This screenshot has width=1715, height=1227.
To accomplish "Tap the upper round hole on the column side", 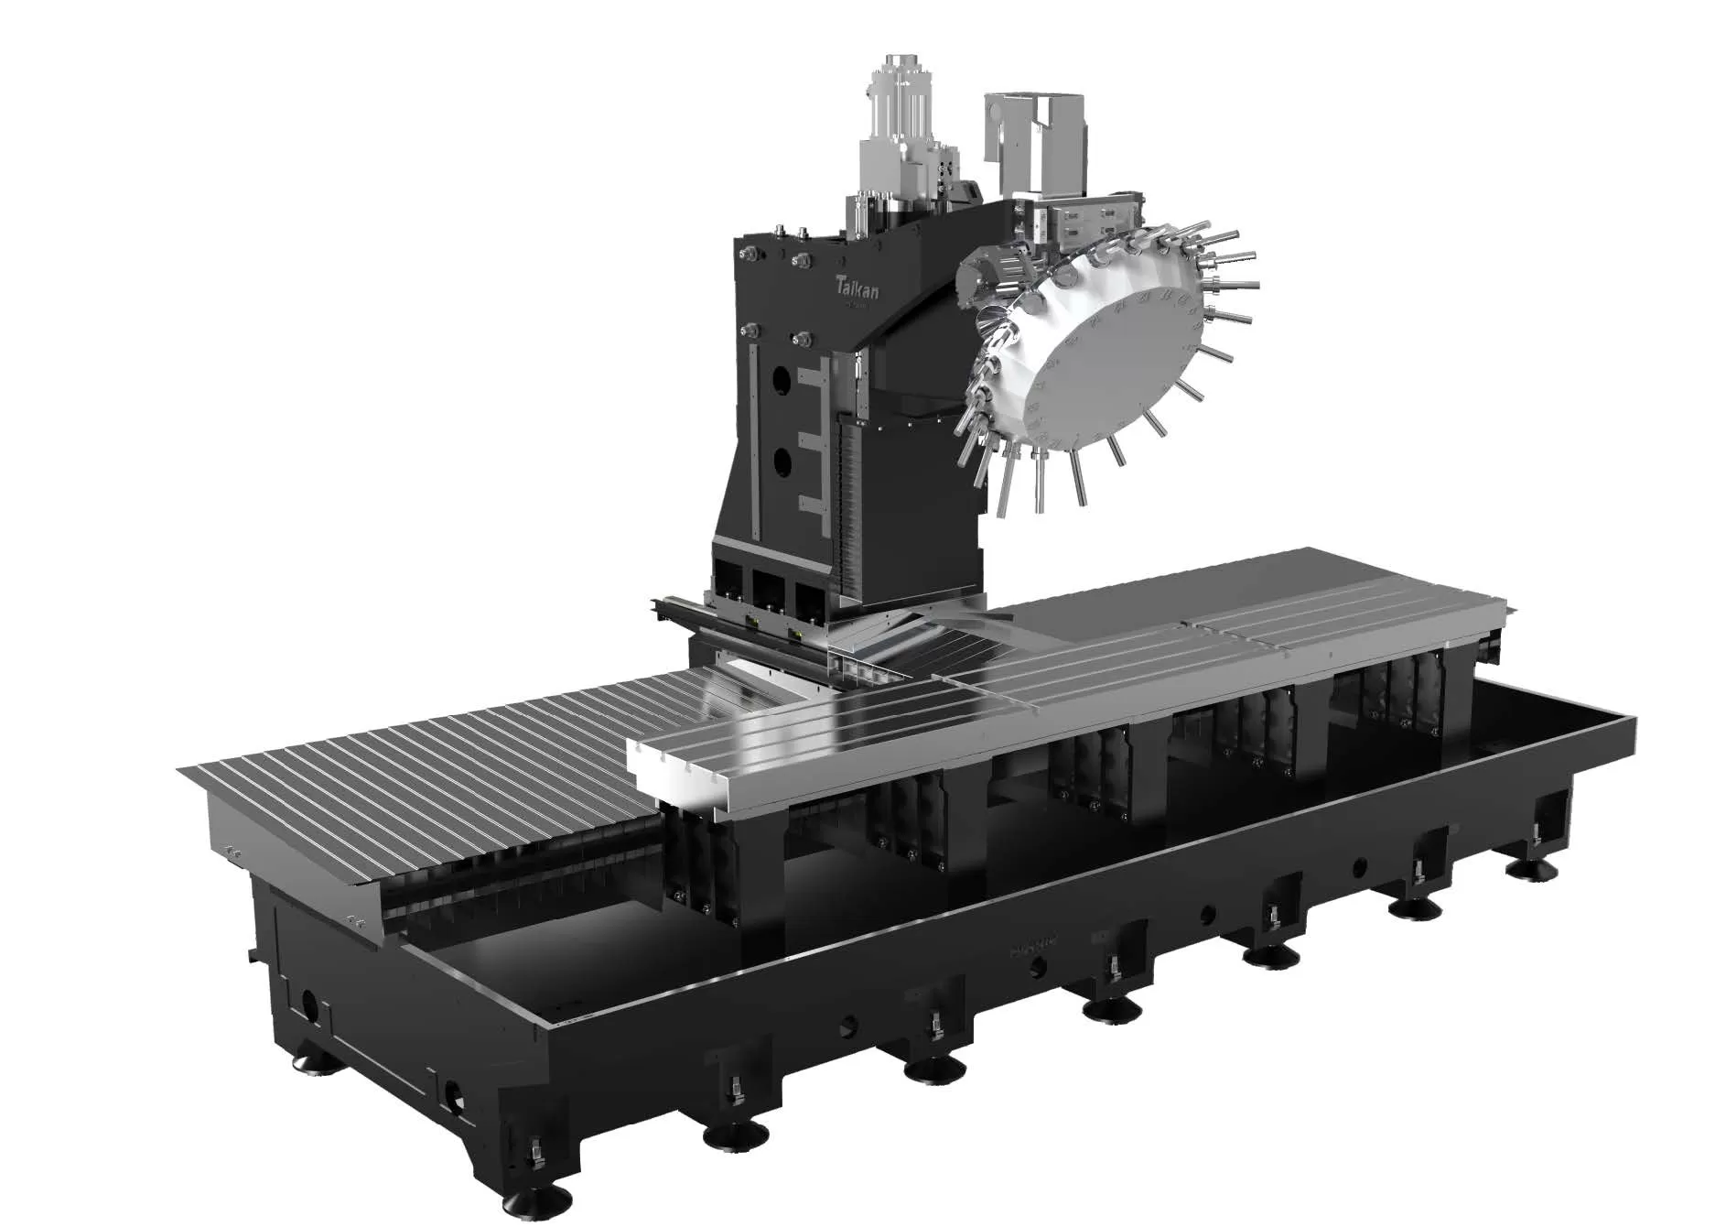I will point(780,377).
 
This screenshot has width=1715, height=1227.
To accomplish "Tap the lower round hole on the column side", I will point(780,463).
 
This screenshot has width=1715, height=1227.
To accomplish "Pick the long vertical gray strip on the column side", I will point(754,440).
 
